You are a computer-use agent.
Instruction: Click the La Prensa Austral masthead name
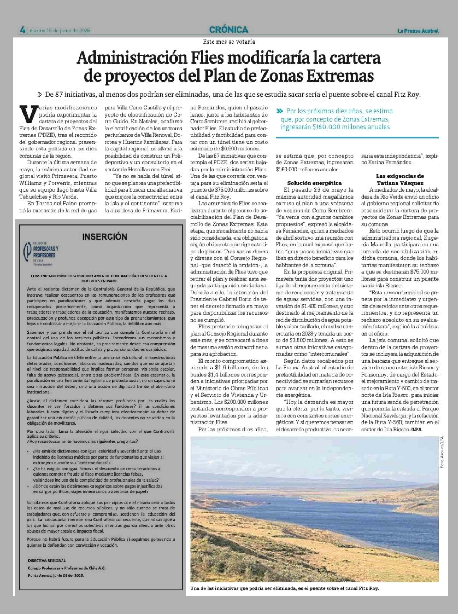tap(418, 31)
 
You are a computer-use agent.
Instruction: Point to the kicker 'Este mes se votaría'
tap(229, 42)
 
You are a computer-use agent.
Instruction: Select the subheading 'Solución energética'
tap(314, 183)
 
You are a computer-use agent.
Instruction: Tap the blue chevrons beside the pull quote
tap(280, 111)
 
